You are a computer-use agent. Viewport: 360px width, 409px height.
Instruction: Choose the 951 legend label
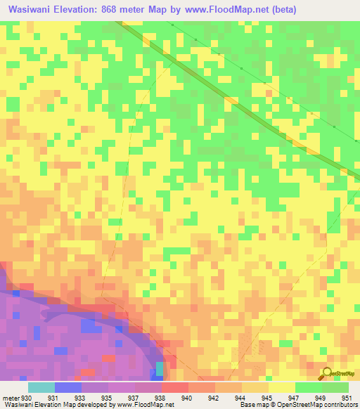tap(347, 397)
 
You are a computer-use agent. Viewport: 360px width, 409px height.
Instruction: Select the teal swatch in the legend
tap(41, 387)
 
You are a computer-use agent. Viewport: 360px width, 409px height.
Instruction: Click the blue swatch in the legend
tap(68, 387)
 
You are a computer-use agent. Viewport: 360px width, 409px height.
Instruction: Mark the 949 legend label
tap(321, 397)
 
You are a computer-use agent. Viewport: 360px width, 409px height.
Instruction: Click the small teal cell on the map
tap(160, 368)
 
